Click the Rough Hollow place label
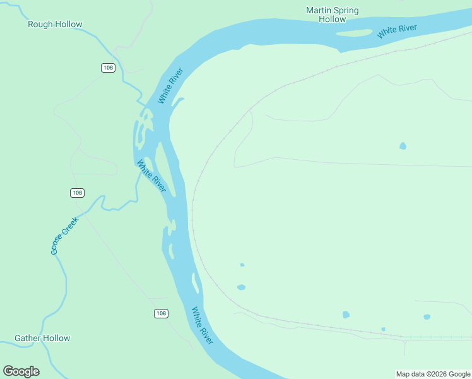[x=55, y=25]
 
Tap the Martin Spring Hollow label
[x=332, y=15]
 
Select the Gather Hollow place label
[x=42, y=339]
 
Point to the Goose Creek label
[x=64, y=236]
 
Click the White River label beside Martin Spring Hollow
[x=397, y=31]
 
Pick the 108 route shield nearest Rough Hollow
[x=108, y=68]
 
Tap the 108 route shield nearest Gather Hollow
[x=161, y=313]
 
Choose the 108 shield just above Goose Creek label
[x=77, y=193]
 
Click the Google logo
[x=21, y=371]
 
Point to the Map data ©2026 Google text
[x=433, y=374]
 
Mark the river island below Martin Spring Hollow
[x=356, y=33]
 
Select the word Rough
[x=40, y=25]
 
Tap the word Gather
[x=27, y=339]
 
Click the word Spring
[x=347, y=10]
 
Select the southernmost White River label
[x=203, y=325]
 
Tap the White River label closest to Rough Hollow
[x=170, y=86]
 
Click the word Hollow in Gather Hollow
[x=57, y=339]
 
